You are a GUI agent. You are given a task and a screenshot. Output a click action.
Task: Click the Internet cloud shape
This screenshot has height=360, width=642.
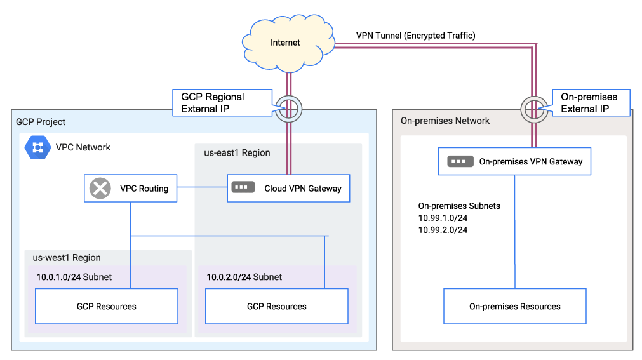tap(286, 43)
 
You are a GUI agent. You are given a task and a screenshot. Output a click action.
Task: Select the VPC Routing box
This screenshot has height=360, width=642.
tap(130, 189)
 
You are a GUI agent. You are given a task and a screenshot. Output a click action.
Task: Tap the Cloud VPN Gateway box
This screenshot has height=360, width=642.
tap(288, 189)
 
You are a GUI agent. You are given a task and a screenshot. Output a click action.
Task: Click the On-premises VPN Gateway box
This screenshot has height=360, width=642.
tap(514, 161)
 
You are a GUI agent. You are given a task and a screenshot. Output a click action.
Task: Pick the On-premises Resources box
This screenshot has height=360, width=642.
tap(514, 307)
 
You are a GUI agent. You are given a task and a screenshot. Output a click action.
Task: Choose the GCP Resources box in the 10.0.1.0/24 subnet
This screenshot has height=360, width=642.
tap(106, 307)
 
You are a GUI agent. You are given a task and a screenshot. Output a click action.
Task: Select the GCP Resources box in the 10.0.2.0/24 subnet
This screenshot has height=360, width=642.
tap(276, 307)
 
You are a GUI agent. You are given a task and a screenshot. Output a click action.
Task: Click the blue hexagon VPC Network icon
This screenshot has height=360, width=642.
tap(38, 147)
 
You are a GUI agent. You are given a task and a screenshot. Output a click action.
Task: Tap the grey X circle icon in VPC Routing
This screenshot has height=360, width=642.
tap(100, 189)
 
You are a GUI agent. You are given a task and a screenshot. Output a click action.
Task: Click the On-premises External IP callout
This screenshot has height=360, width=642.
tap(589, 102)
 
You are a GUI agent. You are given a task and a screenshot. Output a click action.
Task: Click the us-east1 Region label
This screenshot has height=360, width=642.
tap(237, 153)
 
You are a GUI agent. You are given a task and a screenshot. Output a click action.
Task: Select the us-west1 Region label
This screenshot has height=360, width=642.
tap(67, 258)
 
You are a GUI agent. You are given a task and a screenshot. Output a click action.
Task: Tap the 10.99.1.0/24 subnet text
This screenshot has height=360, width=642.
tap(443, 218)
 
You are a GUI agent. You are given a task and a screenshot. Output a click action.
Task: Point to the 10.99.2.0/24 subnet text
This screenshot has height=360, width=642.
tap(443, 230)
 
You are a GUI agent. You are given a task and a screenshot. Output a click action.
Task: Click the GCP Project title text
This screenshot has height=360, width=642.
tap(41, 122)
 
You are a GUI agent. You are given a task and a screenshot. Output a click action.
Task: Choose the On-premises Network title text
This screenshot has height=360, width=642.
tap(445, 121)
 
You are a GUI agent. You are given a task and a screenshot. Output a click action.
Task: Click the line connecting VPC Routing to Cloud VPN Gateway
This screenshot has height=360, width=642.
tap(202, 187)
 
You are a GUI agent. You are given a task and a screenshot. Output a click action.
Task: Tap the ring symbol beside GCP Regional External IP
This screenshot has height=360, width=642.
tap(288, 109)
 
